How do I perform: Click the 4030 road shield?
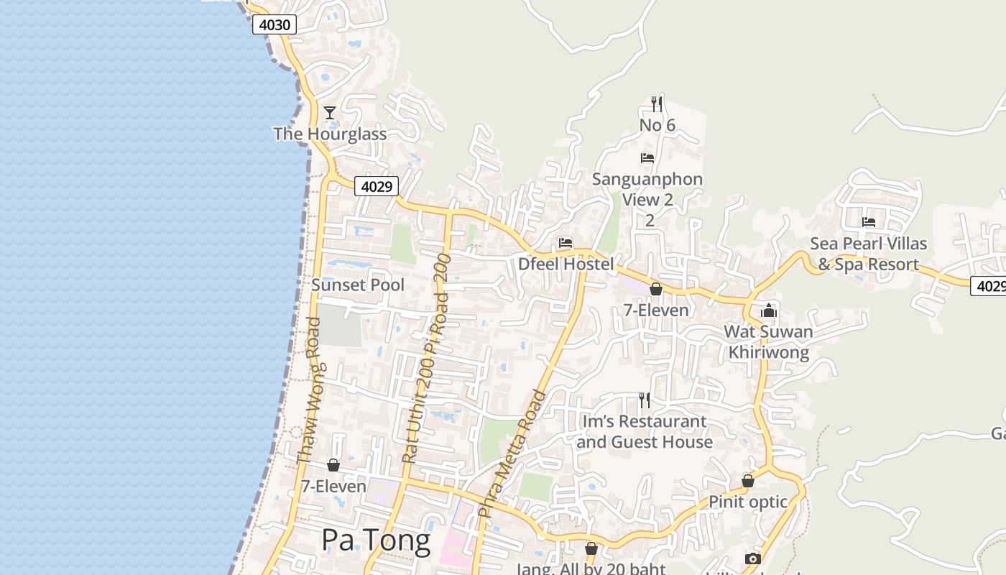[x=274, y=25]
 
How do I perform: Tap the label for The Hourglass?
[x=330, y=134]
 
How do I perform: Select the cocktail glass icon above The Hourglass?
[x=330, y=113]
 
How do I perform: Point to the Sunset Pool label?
[x=358, y=285]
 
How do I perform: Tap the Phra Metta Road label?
[x=513, y=454]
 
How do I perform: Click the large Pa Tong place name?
[x=376, y=540]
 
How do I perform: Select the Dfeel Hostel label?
[x=566, y=264]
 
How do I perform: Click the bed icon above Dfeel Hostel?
[x=566, y=243]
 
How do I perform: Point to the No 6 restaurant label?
[x=657, y=125]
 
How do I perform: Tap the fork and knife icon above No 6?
[x=657, y=103]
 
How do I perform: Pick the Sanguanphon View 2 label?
[x=647, y=189]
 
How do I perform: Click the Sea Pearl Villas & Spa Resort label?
[x=869, y=254]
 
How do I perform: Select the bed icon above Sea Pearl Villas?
[x=869, y=222]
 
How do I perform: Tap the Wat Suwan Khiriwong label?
[x=769, y=342]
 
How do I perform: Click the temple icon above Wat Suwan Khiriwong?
[x=769, y=310]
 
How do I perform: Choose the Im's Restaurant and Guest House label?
[x=645, y=431]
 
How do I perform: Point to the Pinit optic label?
[x=748, y=502]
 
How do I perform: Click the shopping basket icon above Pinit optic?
[x=748, y=481]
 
